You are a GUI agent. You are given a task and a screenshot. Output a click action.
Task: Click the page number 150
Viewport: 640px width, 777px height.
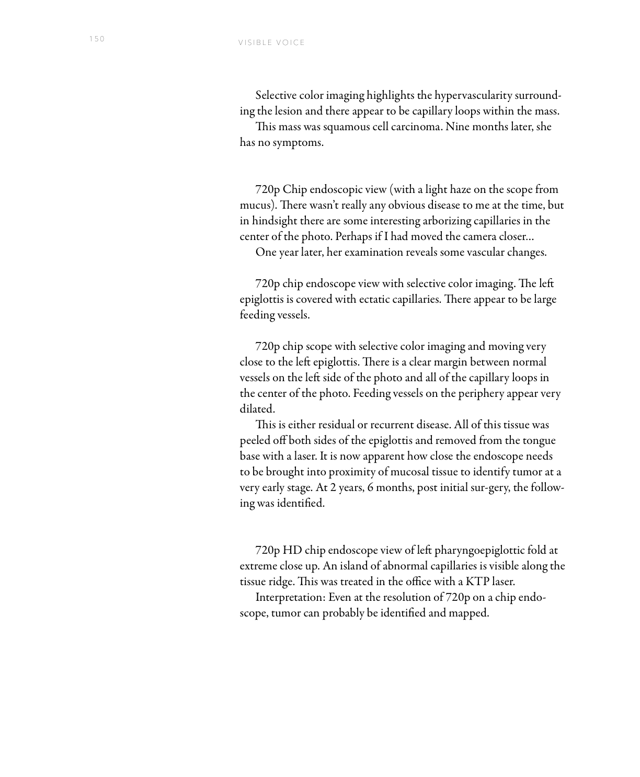[x=97, y=39]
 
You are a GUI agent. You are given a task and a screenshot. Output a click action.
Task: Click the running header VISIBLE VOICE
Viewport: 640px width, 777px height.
[x=271, y=43]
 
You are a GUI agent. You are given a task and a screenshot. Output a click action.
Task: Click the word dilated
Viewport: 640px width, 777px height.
[x=257, y=409]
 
